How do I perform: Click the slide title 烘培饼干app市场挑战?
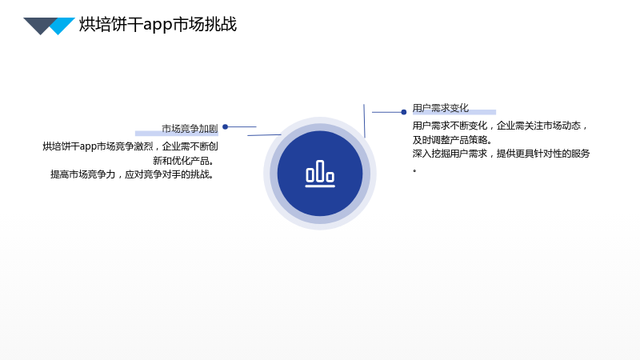click(x=158, y=25)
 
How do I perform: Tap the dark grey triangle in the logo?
click(x=39, y=25)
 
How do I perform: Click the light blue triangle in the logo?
click(x=62, y=26)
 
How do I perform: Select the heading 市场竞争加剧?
click(x=190, y=129)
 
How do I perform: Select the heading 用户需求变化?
click(x=441, y=108)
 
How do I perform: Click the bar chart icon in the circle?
click(x=320, y=174)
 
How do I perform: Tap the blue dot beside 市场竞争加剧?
click(x=225, y=127)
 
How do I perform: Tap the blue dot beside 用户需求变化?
click(x=404, y=112)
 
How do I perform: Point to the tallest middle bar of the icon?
click(x=320, y=170)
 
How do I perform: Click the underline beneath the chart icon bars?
click(x=320, y=186)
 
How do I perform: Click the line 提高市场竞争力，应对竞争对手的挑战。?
click(x=132, y=174)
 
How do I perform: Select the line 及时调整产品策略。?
click(x=452, y=140)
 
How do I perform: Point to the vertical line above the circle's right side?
click(x=364, y=121)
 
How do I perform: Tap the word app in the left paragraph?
click(x=88, y=147)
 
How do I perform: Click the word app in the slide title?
click(x=158, y=26)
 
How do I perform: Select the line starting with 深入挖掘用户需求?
click(x=502, y=154)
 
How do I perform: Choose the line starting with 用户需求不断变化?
click(x=499, y=126)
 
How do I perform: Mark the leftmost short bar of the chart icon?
click(x=310, y=175)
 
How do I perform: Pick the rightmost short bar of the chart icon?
click(x=330, y=177)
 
